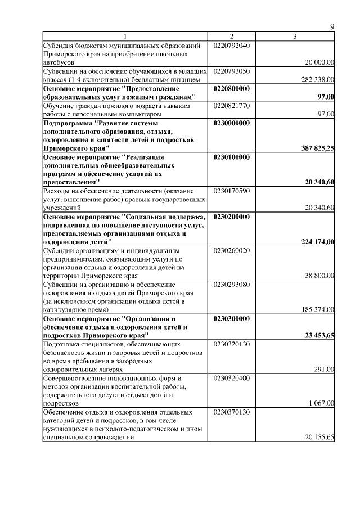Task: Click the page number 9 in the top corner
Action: tap(332, 27)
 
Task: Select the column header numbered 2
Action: tap(231, 37)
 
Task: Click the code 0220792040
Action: tap(232, 45)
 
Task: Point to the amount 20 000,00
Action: tap(319, 62)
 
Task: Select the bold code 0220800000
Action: tap(232, 89)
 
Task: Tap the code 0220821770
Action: tap(232, 106)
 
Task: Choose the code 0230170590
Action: tap(232, 191)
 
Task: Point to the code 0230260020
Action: tap(232, 251)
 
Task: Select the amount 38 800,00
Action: tap(319, 276)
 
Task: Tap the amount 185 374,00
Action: tap(318, 310)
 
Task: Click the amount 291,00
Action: tap(324, 370)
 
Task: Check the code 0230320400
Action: tap(232, 379)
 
